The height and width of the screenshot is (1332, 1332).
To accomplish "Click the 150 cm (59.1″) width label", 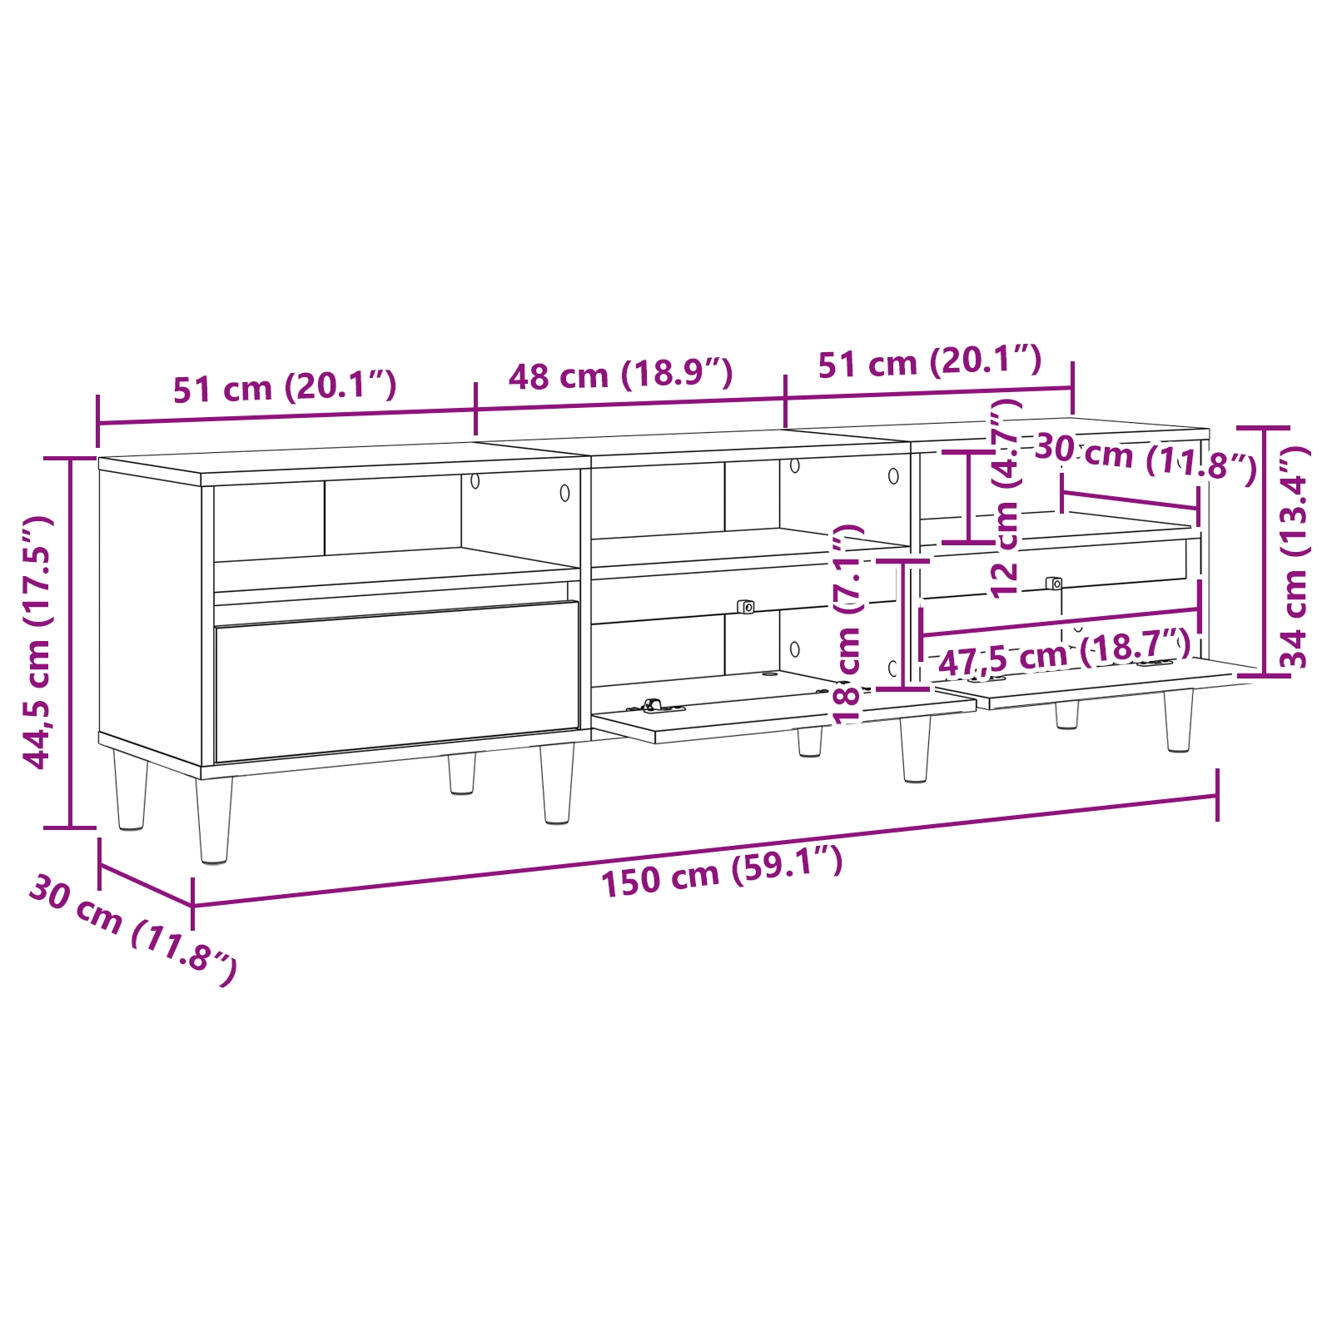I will [722, 871].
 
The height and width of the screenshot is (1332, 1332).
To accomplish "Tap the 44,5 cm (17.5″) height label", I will [38, 642].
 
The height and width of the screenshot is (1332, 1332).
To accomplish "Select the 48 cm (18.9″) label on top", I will [620, 375].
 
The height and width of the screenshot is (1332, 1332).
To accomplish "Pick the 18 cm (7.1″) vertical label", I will [847, 624].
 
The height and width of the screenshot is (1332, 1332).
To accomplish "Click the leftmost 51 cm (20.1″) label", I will [284, 387].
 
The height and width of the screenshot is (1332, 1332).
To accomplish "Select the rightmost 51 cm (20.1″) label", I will [929, 362].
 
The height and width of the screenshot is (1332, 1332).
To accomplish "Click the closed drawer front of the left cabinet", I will [396, 680].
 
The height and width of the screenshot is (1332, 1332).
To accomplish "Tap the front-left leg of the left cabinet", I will [214, 820].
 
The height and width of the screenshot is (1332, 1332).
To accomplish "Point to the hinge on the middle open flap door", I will [654, 706].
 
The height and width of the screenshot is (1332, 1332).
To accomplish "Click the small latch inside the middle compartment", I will [745, 607].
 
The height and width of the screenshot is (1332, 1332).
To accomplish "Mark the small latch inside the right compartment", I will [1054, 584].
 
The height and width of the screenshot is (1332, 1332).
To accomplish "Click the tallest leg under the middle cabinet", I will [915, 749].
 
